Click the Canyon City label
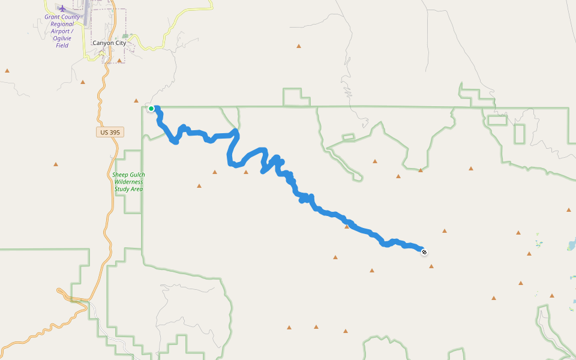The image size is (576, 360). [109, 43]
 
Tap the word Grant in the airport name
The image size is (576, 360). [53, 17]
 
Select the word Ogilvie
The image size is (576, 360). [62, 38]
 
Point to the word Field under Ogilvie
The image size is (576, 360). [62, 46]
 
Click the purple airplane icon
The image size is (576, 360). [62, 8]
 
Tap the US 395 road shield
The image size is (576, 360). [110, 132]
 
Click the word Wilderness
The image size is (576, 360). [128, 182]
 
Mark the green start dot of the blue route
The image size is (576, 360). [152, 109]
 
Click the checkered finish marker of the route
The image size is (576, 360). [424, 252]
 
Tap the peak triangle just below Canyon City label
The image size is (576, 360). [119, 61]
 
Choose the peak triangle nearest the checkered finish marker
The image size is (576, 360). [431, 266]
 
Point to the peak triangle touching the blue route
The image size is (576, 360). [347, 226]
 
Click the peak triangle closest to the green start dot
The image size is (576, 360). [136, 100]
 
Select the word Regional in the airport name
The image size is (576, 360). [62, 24]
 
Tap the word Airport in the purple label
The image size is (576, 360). [61, 31]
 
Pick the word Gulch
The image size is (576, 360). [137, 175]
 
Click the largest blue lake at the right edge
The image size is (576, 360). [572, 245]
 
